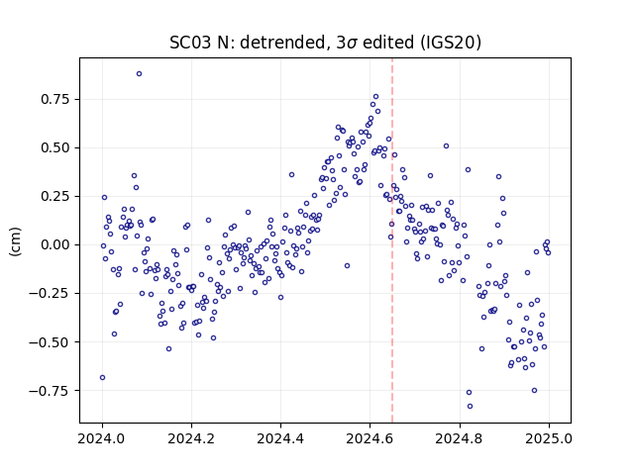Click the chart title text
tap(325, 43)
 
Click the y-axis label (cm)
tap(15, 241)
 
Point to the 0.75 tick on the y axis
tap(58, 99)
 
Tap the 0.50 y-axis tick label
tap(58, 147)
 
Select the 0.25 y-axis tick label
tap(58, 196)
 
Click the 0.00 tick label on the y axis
tap(58, 244)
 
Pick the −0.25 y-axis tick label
tap(53, 293)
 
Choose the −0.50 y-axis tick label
tap(53, 342)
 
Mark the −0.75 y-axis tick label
tap(53, 391)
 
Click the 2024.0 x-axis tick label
tap(102, 438)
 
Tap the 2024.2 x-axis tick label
tap(191, 438)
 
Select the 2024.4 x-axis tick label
tap(280, 438)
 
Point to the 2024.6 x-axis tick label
tap(370, 438)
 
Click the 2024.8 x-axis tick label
tap(460, 438)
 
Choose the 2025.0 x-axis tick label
tap(549, 438)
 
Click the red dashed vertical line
tap(392, 240)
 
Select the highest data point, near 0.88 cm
tap(139, 74)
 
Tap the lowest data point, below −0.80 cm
tap(470, 407)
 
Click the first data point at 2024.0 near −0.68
tap(102, 378)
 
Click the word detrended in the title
tap(282, 43)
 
